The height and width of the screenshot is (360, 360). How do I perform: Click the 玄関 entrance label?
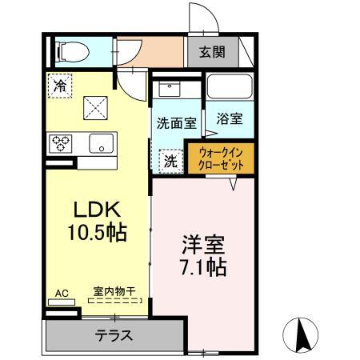pos(212,53)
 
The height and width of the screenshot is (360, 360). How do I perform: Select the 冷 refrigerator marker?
pos(58,85)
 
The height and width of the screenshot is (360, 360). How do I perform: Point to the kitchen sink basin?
pos(102,145)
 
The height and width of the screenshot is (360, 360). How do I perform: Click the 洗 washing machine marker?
pos(170,160)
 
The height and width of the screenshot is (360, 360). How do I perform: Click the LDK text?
pos(98,210)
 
